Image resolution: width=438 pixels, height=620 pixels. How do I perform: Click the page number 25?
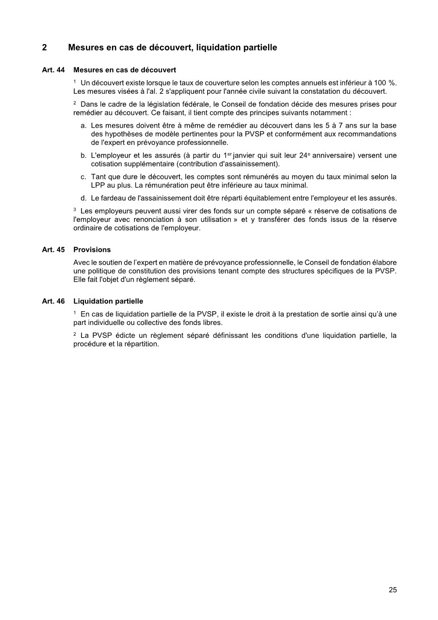(x=392, y=590)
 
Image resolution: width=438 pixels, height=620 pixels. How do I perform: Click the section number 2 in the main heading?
(x=45, y=48)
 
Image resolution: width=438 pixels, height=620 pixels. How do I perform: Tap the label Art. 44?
(x=54, y=70)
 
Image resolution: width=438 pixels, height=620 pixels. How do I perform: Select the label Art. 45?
(x=54, y=249)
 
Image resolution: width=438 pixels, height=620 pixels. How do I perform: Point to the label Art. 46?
(x=54, y=301)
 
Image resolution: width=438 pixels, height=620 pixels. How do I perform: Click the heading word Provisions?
(x=92, y=249)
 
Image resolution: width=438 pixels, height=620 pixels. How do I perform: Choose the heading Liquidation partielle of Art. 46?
(x=108, y=301)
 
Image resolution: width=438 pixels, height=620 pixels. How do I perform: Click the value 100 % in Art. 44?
(x=385, y=82)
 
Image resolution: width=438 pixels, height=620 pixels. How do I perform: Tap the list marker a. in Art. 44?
(x=83, y=126)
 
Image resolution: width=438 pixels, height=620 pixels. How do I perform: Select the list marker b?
(x=83, y=156)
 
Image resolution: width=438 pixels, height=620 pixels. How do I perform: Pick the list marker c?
(x=83, y=177)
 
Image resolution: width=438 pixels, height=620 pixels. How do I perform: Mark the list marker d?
(x=83, y=198)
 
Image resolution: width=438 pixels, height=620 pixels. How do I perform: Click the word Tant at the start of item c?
(x=98, y=177)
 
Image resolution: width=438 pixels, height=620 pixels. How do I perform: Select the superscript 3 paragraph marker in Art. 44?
(x=75, y=210)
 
